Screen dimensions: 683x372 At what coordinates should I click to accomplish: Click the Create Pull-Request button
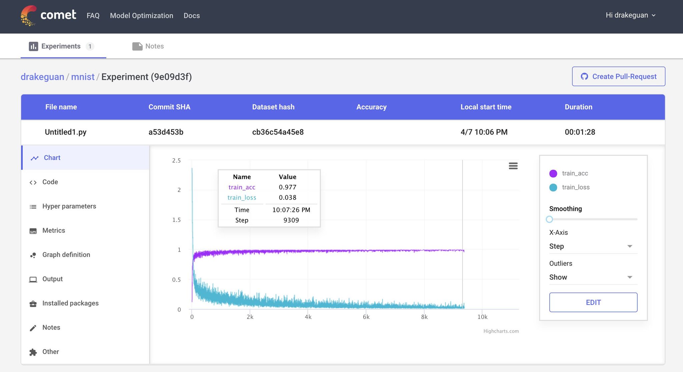tap(619, 76)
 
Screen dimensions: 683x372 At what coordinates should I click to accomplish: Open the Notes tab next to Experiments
tap(148, 46)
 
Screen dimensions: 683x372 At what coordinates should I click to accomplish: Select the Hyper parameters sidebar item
tap(69, 206)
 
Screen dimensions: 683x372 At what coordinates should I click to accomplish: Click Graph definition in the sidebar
tap(66, 255)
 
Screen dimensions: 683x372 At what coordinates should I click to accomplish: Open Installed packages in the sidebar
tap(70, 303)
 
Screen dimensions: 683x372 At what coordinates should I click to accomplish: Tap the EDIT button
tap(593, 302)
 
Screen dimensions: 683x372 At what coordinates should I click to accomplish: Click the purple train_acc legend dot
tap(553, 173)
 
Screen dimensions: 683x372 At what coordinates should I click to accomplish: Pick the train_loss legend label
tap(576, 187)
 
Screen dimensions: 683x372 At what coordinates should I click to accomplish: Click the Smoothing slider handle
tap(549, 219)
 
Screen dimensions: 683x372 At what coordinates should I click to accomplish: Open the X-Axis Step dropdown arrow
tap(630, 246)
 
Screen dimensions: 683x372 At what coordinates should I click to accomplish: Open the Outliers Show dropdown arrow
tap(630, 277)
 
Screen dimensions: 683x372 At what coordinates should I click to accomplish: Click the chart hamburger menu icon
tap(513, 166)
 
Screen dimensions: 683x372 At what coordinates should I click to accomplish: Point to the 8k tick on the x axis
tap(424, 317)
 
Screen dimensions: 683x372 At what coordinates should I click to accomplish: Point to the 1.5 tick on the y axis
tap(176, 220)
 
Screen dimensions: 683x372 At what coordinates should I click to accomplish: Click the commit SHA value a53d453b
tap(166, 132)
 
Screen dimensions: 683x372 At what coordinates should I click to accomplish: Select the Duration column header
tap(579, 107)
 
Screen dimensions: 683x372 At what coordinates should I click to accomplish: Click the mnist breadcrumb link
tap(83, 77)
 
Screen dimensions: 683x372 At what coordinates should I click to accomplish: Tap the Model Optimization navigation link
tap(142, 16)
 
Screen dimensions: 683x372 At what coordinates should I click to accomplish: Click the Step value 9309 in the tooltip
tap(291, 220)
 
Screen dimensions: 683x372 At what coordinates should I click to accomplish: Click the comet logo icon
tap(29, 15)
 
